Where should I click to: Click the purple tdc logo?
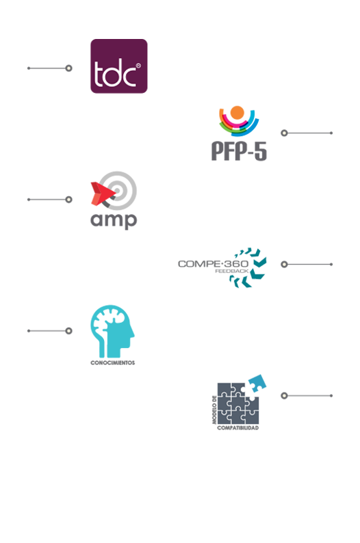(x=119, y=66)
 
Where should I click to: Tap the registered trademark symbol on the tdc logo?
(x=138, y=66)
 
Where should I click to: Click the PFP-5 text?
(x=239, y=151)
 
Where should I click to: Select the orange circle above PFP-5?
(x=237, y=113)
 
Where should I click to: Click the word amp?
(x=114, y=221)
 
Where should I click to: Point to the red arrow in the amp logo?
(x=103, y=194)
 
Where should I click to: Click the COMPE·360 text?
(x=213, y=264)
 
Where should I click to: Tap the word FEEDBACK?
(x=232, y=271)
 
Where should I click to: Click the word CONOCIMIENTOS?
(x=113, y=363)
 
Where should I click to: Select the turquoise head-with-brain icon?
(x=112, y=331)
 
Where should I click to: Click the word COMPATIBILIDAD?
(x=237, y=428)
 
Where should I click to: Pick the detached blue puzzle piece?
(x=257, y=384)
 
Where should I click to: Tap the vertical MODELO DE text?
(x=214, y=410)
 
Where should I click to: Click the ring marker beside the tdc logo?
(x=69, y=68)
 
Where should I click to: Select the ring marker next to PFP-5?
(x=284, y=133)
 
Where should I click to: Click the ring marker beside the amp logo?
(x=69, y=200)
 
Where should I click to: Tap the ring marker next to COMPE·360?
(x=284, y=264)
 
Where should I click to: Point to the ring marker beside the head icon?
(x=69, y=331)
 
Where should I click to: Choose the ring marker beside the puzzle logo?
(x=284, y=395)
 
